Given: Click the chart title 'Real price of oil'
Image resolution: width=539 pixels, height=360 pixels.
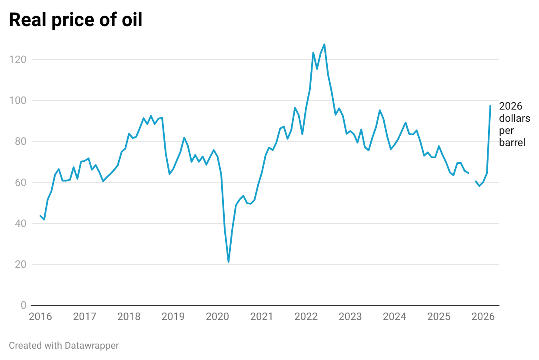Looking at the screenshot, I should point(76,20).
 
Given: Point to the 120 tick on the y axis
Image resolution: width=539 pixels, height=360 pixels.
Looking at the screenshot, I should point(18,60).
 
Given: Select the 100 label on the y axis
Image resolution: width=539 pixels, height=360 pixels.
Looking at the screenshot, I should point(18,100).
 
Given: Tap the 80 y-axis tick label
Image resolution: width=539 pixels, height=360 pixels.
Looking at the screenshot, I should point(20,141).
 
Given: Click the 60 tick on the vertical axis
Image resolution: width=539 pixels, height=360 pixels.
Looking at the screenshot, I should point(20,183).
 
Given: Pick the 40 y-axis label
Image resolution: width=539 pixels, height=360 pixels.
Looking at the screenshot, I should point(20,223).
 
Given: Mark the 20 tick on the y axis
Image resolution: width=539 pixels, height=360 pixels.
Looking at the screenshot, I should point(20,264).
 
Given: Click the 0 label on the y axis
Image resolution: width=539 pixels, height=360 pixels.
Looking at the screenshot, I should point(23,305).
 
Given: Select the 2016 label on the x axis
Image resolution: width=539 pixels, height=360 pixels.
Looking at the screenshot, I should point(40,316).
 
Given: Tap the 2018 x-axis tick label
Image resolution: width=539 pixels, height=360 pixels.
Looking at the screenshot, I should point(129,316).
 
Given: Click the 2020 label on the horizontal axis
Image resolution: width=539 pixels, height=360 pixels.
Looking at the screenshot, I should point(217,316).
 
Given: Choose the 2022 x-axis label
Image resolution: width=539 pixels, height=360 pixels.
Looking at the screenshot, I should point(306,316).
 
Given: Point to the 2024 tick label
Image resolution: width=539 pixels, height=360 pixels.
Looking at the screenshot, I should point(395,316).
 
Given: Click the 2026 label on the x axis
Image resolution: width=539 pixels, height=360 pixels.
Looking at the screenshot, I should point(483,316).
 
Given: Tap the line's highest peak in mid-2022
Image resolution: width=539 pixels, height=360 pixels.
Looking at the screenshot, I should point(324,44).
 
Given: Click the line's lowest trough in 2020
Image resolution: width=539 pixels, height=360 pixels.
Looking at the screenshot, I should point(229,262).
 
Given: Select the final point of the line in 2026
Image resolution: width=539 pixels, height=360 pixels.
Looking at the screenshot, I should point(490,106).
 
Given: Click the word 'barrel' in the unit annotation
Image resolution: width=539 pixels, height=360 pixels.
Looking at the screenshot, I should point(512,143).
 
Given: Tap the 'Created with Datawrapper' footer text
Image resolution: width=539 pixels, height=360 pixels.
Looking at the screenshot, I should point(64,346).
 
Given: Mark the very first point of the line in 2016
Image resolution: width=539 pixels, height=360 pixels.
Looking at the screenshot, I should point(40,216).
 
